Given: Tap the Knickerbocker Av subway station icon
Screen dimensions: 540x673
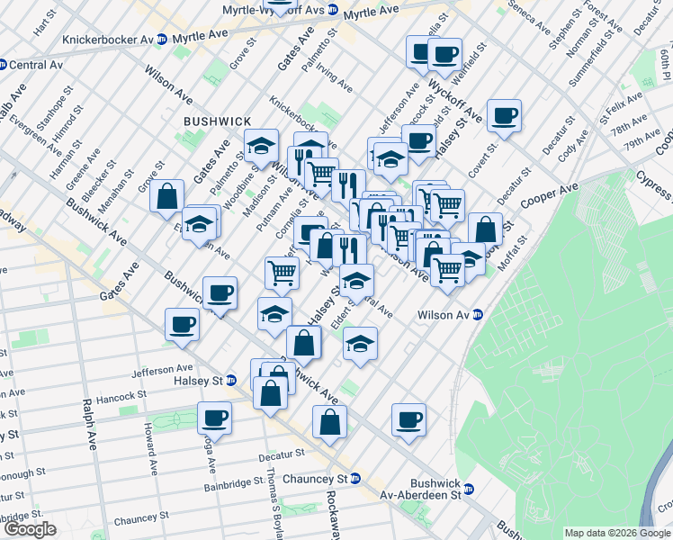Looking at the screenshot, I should click(x=161, y=40).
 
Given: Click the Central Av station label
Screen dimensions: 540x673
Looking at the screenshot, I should click(x=36, y=65).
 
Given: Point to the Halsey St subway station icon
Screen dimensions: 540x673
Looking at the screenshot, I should click(x=230, y=381).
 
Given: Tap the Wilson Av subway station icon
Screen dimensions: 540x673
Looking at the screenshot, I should click(x=478, y=315).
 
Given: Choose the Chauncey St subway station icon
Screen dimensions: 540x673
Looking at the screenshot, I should click(x=355, y=479).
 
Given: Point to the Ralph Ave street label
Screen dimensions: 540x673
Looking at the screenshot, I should click(x=87, y=426).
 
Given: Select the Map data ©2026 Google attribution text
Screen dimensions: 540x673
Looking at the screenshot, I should click(x=616, y=533).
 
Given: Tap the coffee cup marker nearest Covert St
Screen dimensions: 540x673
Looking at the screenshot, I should click(x=505, y=116).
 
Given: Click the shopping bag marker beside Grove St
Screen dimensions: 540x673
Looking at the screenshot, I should click(x=167, y=196).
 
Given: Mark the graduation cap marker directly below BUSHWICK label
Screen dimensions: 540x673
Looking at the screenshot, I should click(x=260, y=146).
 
